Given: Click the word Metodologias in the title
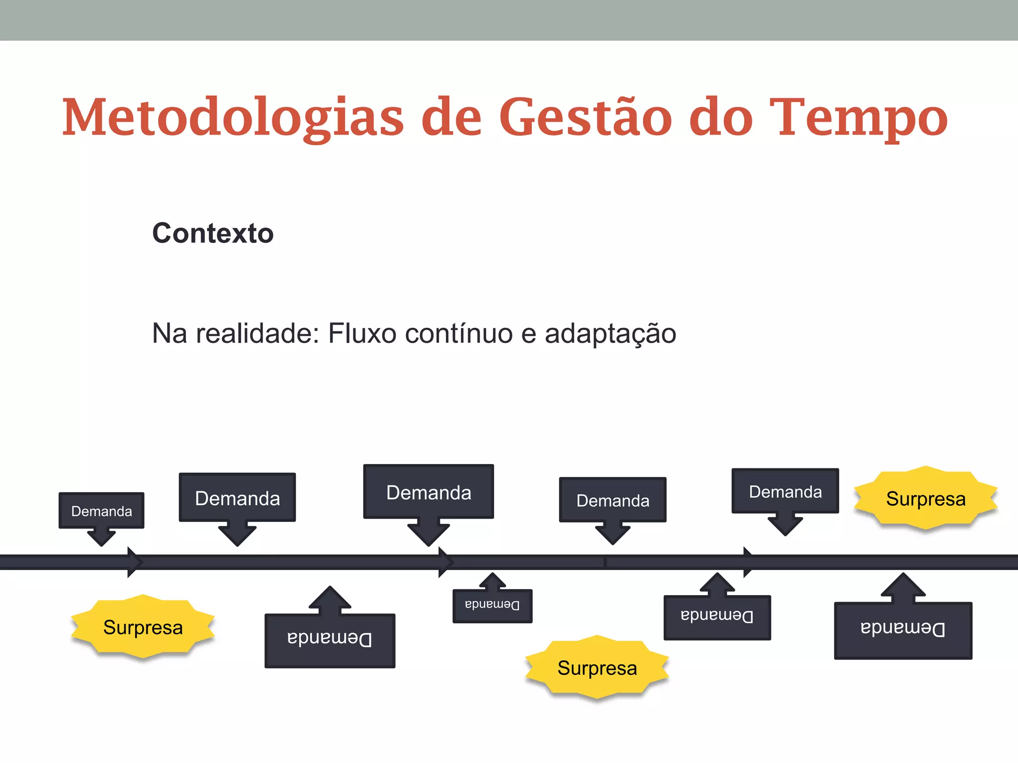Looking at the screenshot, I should [x=233, y=118].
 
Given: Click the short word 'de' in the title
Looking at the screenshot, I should [x=451, y=118].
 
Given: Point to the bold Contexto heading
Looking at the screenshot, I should [x=213, y=233].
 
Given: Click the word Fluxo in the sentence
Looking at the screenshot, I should [x=362, y=333].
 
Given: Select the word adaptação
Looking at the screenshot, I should [x=610, y=333].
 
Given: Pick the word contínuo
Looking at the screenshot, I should [x=459, y=333].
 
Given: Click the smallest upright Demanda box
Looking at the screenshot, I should [x=101, y=511].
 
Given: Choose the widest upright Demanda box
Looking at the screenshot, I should [x=428, y=492].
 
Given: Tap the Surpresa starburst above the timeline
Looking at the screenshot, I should [x=926, y=498].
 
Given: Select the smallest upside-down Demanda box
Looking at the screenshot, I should [x=492, y=606].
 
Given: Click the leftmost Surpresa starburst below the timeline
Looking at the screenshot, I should [x=143, y=627].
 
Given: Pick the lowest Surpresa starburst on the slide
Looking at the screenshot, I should [x=597, y=668].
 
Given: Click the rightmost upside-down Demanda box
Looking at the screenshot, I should [x=903, y=630].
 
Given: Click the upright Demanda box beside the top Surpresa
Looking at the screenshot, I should [x=785, y=491].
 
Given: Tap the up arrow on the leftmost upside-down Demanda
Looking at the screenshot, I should [x=330, y=599].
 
